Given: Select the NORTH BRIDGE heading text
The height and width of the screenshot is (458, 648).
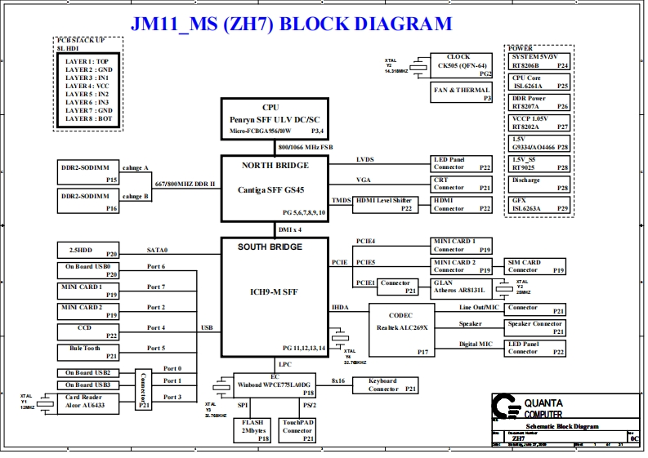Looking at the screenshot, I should click(275, 166).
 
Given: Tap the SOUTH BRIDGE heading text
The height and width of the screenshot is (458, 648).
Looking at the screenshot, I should click(269, 247).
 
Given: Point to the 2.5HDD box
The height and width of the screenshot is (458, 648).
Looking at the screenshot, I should click(88, 251).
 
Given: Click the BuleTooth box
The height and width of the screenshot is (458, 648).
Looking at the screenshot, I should click(88, 352).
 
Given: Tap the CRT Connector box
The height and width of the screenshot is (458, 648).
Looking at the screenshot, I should click(462, 183).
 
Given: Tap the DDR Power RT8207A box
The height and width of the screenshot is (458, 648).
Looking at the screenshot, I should click(539, 103).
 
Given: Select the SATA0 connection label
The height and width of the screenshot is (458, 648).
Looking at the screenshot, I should click(157, 251).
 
